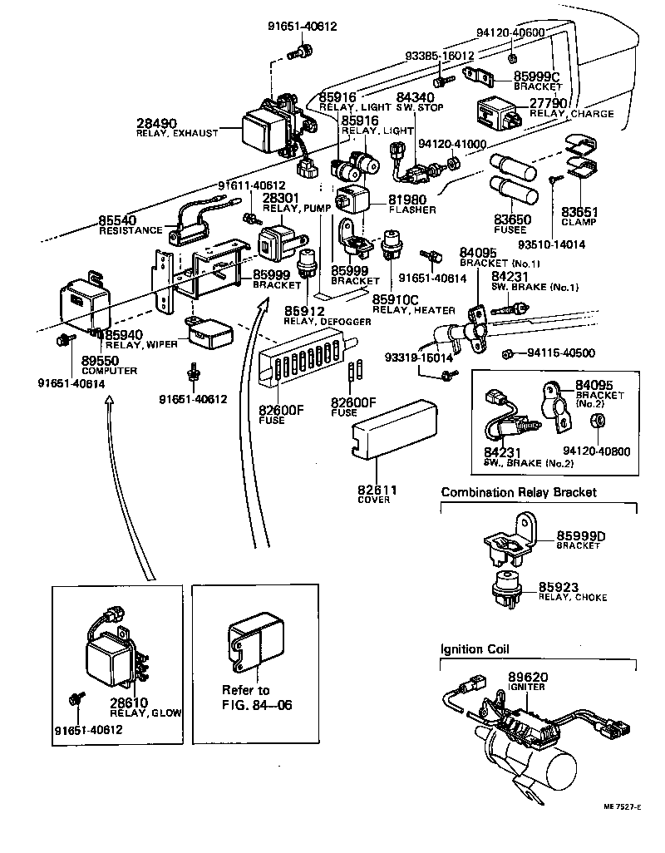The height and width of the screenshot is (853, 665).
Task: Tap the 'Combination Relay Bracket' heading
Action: coord(519,492)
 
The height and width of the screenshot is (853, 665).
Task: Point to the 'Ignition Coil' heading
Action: coord(475,649)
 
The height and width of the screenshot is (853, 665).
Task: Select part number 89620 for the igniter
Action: coord(527,678)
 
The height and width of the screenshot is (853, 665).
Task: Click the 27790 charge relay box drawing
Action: coord(498,111)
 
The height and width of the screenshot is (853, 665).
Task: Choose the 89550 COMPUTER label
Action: coord(109,366)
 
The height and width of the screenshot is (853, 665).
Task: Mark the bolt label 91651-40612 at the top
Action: coord(303,27)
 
